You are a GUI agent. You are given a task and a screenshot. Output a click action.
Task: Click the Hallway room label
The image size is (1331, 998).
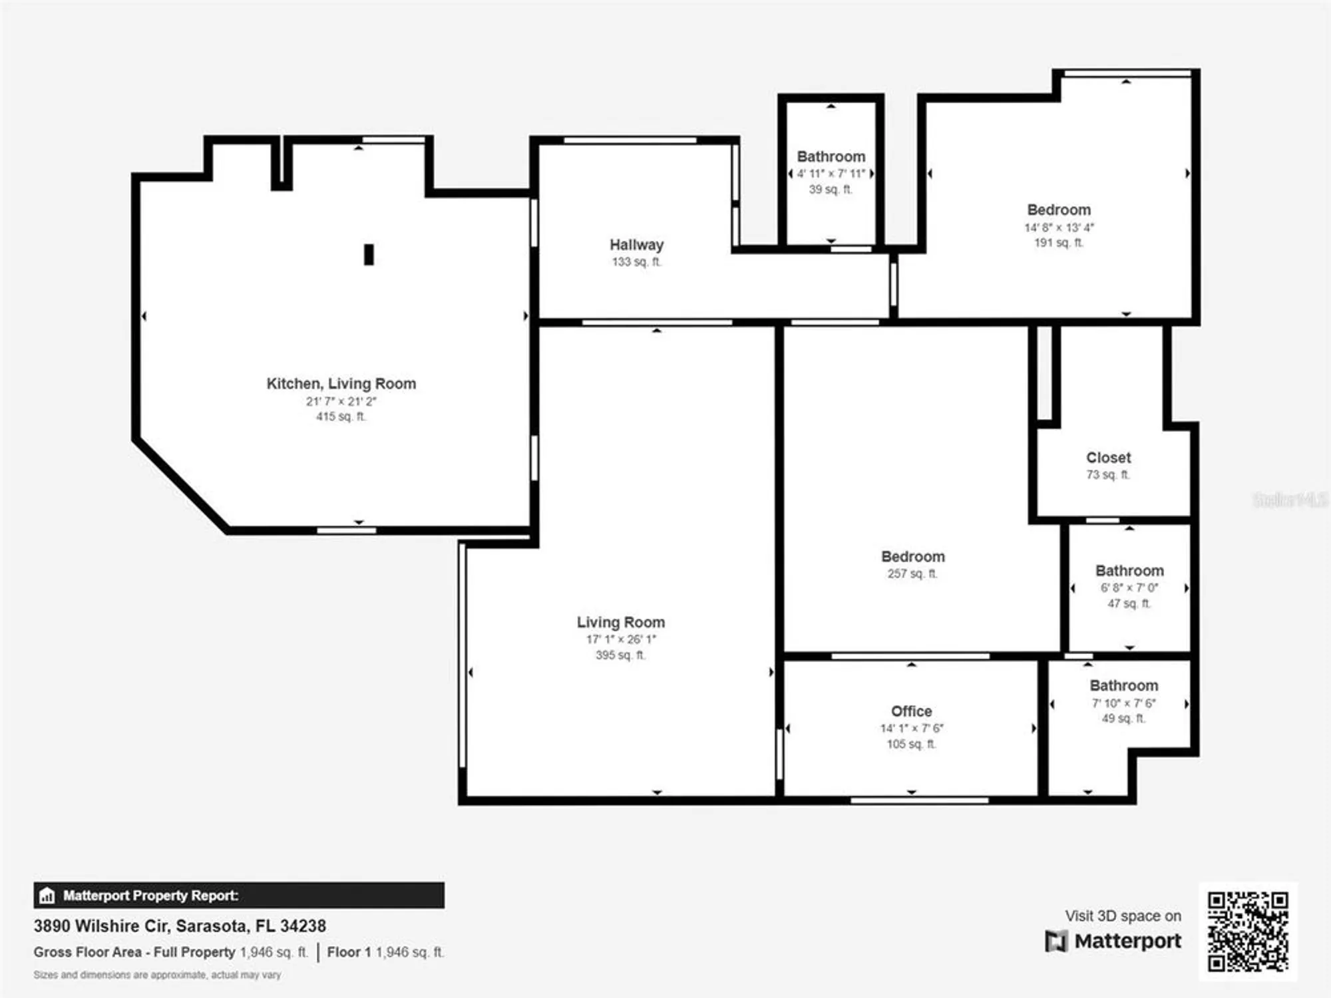[636, 245]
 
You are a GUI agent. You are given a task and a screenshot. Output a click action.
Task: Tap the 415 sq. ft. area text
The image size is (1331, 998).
[341, 416]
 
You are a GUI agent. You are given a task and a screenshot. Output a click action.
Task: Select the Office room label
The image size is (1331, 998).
[911, 711]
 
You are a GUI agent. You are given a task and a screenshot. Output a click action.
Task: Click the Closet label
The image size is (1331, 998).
[1108, 458]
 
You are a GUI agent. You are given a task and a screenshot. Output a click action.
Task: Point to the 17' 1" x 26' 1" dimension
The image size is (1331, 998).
[621, 639]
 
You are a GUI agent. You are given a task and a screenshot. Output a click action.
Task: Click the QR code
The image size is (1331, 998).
[1248, 931]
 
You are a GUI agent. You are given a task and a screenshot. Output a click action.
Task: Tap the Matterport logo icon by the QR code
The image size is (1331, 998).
[1055, 941]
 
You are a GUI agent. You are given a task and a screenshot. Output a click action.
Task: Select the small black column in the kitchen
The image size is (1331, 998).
[369, 254]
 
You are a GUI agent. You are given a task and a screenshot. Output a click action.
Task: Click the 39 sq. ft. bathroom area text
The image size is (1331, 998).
[830, 190]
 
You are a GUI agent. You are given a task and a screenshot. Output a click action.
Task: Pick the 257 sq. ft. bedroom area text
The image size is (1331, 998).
[912, 574]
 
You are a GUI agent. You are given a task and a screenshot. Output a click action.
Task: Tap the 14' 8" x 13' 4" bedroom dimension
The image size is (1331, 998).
[1059, 228]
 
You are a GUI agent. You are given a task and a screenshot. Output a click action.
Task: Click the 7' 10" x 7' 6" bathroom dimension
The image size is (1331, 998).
[1123, 703]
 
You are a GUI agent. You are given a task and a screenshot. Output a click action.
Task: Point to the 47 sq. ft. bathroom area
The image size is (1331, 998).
[1129, 603]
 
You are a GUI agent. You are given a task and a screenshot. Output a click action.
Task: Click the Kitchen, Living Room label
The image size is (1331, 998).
[341, 384]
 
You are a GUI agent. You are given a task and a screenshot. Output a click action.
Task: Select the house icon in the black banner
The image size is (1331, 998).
[47, 896]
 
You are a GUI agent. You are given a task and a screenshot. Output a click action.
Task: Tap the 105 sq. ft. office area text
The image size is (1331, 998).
[911, 744]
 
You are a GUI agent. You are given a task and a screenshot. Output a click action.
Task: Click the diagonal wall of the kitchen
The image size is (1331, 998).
[181, 485]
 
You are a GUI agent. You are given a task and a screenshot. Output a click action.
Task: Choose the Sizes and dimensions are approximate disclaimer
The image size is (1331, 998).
[157, 975]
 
